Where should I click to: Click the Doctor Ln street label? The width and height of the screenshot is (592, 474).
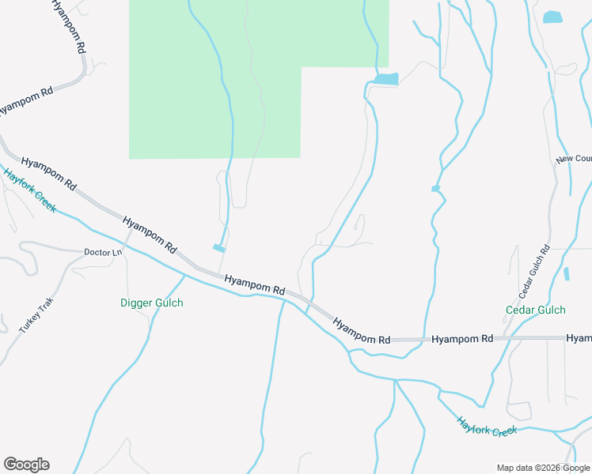(104, 253)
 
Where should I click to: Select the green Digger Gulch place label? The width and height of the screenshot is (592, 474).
(151, 303)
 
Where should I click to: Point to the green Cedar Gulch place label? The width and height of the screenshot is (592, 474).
(536, 310)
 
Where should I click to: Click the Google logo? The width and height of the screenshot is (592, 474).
(26, 465)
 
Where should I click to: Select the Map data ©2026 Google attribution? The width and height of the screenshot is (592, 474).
(543, 468)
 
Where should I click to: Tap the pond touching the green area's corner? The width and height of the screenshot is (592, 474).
(385, 79)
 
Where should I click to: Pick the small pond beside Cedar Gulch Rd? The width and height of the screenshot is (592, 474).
(567, 274)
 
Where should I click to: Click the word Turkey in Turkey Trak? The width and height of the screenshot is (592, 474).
(30, 319)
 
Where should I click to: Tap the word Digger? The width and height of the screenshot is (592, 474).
(135, 303)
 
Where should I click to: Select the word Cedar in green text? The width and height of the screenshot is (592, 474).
(521, 310)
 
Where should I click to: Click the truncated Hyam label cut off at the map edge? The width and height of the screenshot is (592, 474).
(579, 338)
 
